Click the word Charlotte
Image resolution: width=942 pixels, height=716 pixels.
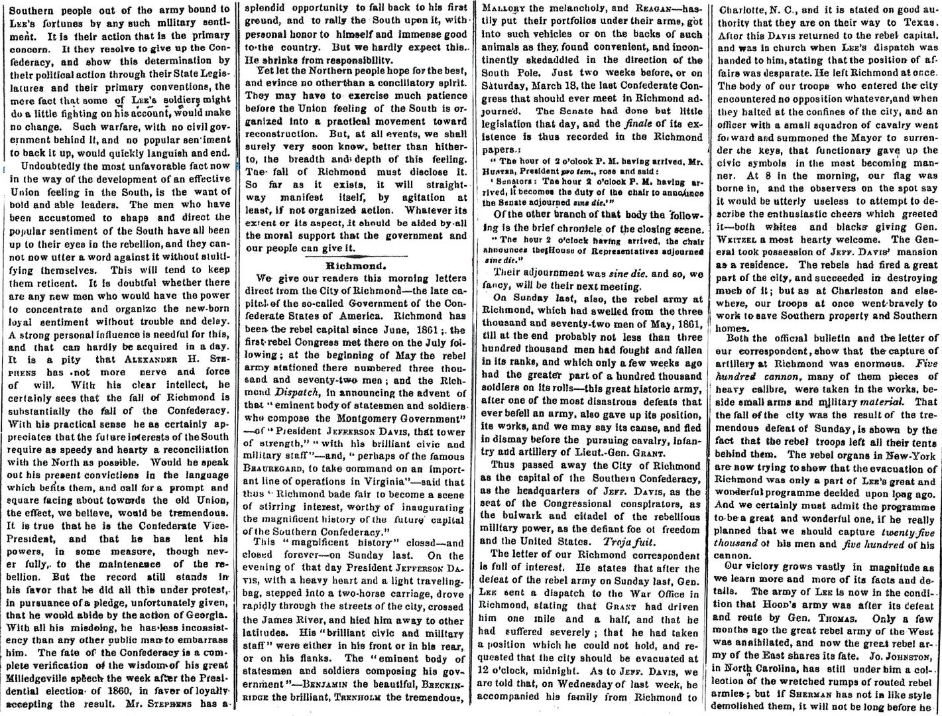coord(744,8)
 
